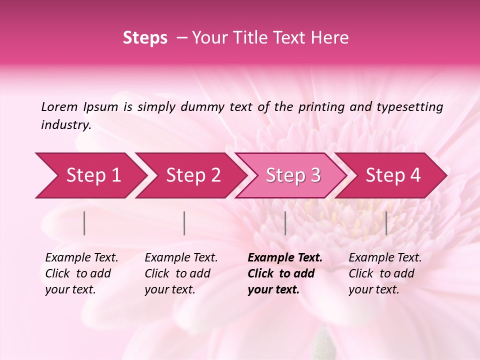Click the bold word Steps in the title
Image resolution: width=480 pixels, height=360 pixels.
pos(145,38)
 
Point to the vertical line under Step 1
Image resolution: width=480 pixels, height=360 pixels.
pos(84,223)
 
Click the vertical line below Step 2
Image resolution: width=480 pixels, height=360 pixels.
pos(184,223)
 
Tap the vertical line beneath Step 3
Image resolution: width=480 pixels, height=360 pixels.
pos(285,223)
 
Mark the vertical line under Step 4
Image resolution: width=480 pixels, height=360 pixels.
pos(386,223)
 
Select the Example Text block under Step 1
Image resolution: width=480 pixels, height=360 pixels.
pos(81,273)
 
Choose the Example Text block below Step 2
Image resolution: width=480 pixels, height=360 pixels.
pos(181,273)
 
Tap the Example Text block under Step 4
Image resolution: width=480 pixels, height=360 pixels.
pos(385,273)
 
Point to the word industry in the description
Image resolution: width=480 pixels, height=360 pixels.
pos(65,125)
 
